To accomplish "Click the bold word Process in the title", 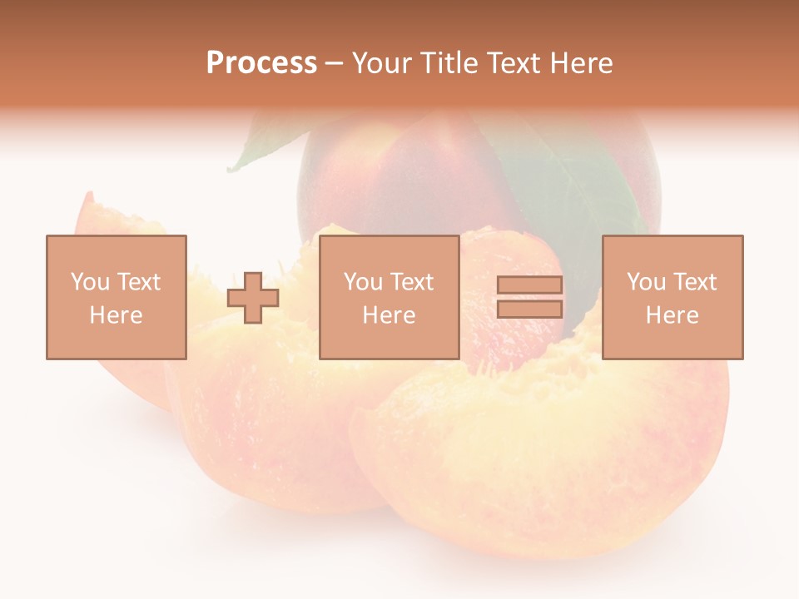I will [261, 63].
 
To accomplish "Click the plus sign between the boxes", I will [253, 298].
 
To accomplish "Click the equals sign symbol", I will [529, 297].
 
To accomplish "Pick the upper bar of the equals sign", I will [529, 285].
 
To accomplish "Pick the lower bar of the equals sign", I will [529, 309].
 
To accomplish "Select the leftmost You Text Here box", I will [117, 297].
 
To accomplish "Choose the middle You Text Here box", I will [389, 297].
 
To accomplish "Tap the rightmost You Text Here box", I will [672, 297].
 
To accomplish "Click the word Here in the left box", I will [117, 315].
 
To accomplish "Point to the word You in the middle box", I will [363, 282].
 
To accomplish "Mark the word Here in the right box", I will [672, 315].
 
